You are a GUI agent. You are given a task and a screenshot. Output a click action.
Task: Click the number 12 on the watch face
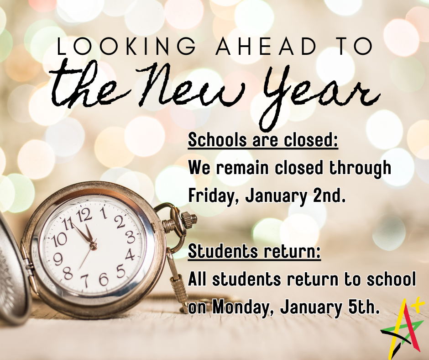pyautogui.click(x=84, y=215)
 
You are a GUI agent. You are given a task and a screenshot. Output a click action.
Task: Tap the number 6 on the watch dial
pyautogui.click(x=104, y=279)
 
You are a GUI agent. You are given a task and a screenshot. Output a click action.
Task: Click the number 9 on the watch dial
pyautogui.click(x=58, y=259)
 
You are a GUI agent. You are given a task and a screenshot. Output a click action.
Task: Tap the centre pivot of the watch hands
pyautogui.click(x=93, y=245)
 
